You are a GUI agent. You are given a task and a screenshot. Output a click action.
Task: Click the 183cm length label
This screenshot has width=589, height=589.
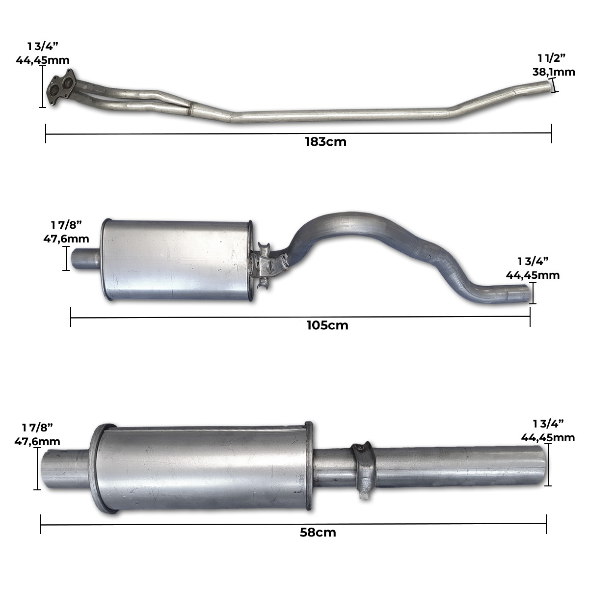[x=325, y=142]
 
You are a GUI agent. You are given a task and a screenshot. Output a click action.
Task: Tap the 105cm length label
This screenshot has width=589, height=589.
[x=327, y=325]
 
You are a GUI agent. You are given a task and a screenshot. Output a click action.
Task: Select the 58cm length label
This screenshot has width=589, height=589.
[x=318, y=533]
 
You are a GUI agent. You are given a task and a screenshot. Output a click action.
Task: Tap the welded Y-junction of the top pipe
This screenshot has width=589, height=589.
[x=191, y=108]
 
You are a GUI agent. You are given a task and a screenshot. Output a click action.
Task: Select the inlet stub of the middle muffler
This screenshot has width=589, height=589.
[x=85, y=259]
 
